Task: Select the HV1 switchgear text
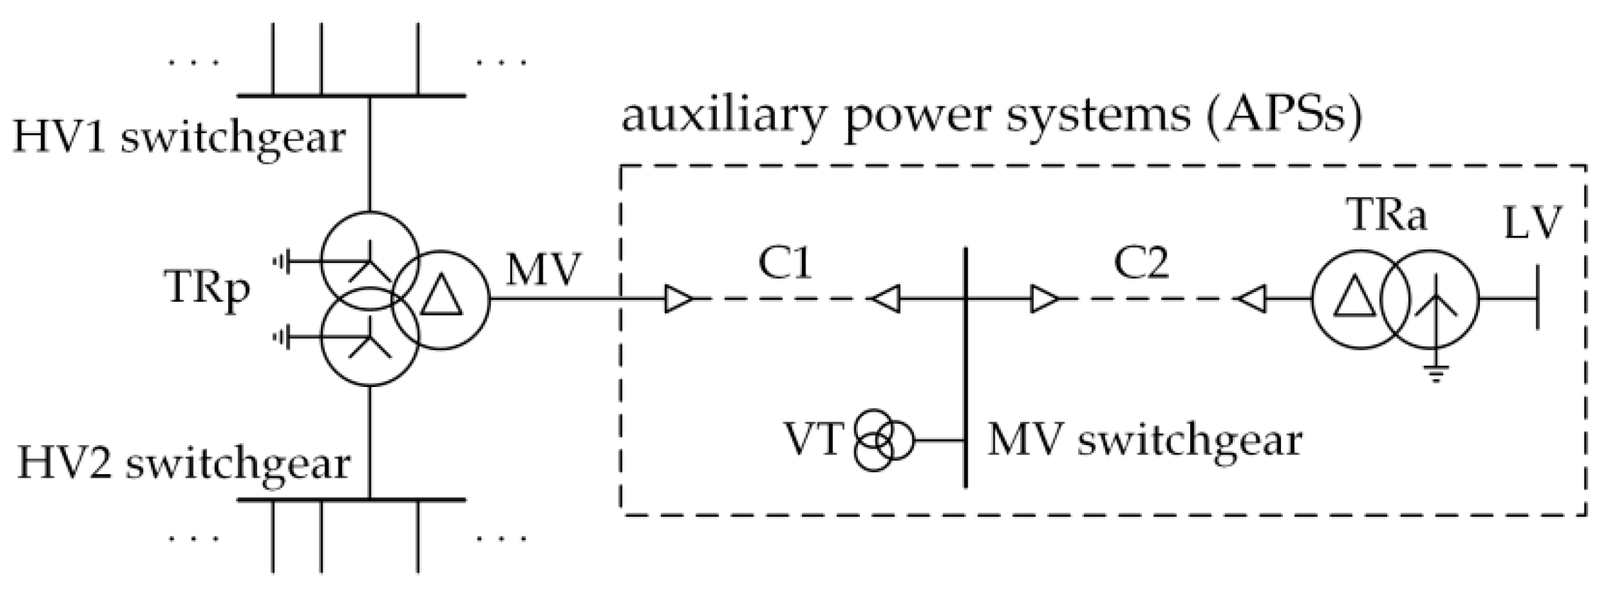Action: pyautogui.click(x=179, y=137)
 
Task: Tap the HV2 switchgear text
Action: pyautogui.click(x=183, y=464)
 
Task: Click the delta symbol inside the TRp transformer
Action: pyautogui.click(x=441, y=298)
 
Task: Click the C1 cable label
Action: pyautogui.click(x=785, y=264)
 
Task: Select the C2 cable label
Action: pyautogui.click(x=1141, y=264)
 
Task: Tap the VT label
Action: pyautogui.click(x=813, y=440)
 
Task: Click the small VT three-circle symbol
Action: pyautogui.click(x=881, y=440)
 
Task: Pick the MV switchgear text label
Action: pyautogui.click(x=1144, y=440)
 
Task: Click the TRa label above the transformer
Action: pyautogui.click(x=1387, y=215)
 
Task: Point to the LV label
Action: pyautogui.click(x=1532, y=223)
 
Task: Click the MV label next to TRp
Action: pyautogui.click(x=543, y=271)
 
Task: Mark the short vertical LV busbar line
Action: pyautogui.click(x=1537, y=298)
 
